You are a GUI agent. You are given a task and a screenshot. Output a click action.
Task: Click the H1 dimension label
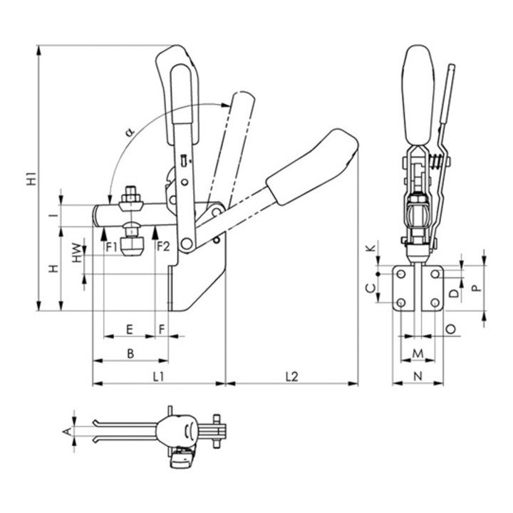[31, 179]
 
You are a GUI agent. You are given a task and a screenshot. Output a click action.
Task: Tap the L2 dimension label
[291, 375]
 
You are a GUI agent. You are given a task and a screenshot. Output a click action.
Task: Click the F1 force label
[112, 247]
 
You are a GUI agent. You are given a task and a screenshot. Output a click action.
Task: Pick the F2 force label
[163, 247]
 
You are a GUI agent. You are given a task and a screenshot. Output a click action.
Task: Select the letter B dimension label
[130, 352]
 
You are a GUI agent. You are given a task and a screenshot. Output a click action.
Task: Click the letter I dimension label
[53, 214]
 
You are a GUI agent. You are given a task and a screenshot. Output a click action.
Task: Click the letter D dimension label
[453, 292]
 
